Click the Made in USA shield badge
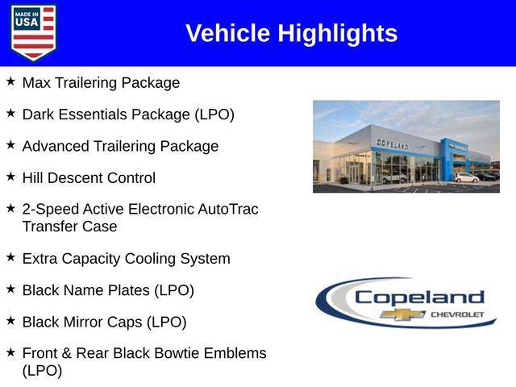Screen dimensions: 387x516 (33, 32)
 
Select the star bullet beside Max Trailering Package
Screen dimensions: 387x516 (10, 81)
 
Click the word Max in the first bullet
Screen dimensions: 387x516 (36, 83)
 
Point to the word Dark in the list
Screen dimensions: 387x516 (38, 114)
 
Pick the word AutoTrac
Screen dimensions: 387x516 (228, 209)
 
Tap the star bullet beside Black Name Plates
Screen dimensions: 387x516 (10, 288)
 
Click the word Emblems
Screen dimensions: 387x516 (236, 353)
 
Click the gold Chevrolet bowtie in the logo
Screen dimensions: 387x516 (403, 314)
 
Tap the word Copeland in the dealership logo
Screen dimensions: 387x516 (418, 297)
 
